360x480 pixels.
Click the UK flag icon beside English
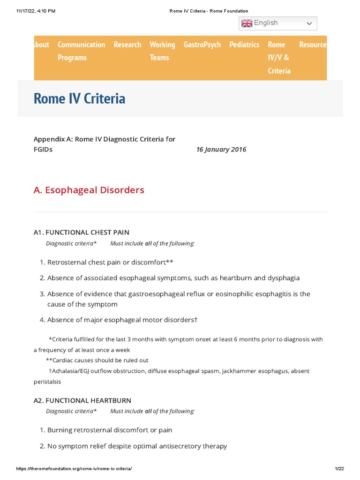pyautogui.click(x=247, y=23)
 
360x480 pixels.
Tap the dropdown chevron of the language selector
pyautogui.click(x=309, y=23)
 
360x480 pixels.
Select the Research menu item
pyautogui.click(x=127, y=45)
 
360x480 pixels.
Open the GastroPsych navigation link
pyautogui.click(x=202, y=45)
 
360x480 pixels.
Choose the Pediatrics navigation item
pyautogui.click(x=244, y=45)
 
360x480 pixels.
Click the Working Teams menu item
pyautogui.click(x=162, y=51)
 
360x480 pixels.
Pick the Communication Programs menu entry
pyautogui.click(x=81, y=51)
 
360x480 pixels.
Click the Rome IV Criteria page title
pyautogui.click(x=79, y=98)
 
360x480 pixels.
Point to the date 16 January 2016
pyautogui.click(x=221, y=150)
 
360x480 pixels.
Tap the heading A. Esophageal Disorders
pyautogui.click(x=89, y=190)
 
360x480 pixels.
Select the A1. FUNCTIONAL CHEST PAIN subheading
pyautogui.click(x=82, y=232)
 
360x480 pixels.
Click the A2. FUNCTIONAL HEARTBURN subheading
pyautogui.click(x=82, y=400)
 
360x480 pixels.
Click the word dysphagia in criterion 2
pyautogui.click(x=283, y=278)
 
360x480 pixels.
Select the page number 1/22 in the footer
pyautogui.click(x=339, y=469)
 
